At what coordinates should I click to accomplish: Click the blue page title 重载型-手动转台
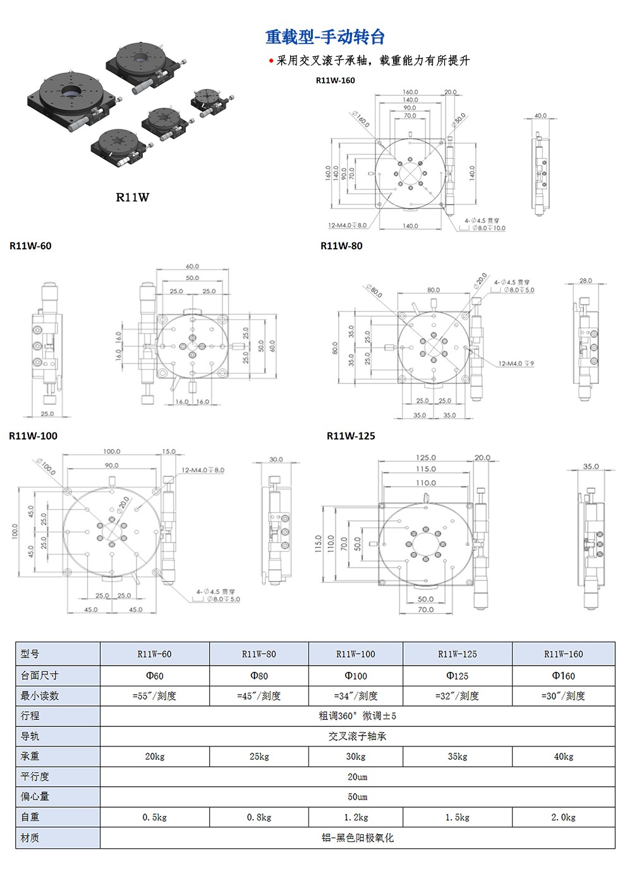click(x=325, y=37)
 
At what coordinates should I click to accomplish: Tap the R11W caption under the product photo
click(x=132, y=197)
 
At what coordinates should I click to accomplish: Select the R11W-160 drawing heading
click(x=335, y=80)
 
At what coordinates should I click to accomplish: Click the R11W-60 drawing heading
click(x=30, y=246)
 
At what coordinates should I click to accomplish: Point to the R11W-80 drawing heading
click(x=341, y=246)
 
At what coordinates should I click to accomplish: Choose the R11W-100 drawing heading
click(x=33, y=436)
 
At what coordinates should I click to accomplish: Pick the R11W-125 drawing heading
click(x=351, y=436)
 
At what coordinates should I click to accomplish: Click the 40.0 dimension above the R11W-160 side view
click(x=540, y=116)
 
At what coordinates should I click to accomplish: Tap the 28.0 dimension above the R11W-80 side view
click(x=585, y=280)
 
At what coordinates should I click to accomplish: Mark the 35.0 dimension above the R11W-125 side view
click(x=591, y=466)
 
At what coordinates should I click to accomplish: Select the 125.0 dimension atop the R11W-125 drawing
click(x=425, y=457)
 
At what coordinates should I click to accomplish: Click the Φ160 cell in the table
click(x=563, y=676)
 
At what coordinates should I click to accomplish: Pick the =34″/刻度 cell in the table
click(x=356, y=696)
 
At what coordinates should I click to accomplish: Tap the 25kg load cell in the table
click(x=259, y=757)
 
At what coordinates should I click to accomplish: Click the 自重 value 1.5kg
click(x=457, y=817)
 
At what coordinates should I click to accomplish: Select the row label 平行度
click(x=35, y=777)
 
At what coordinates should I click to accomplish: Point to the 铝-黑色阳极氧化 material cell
click(x=357, y=837)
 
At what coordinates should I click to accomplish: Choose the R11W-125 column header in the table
click(x=457, y=654)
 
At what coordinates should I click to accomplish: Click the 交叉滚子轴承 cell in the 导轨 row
click(x=357, y=736)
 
